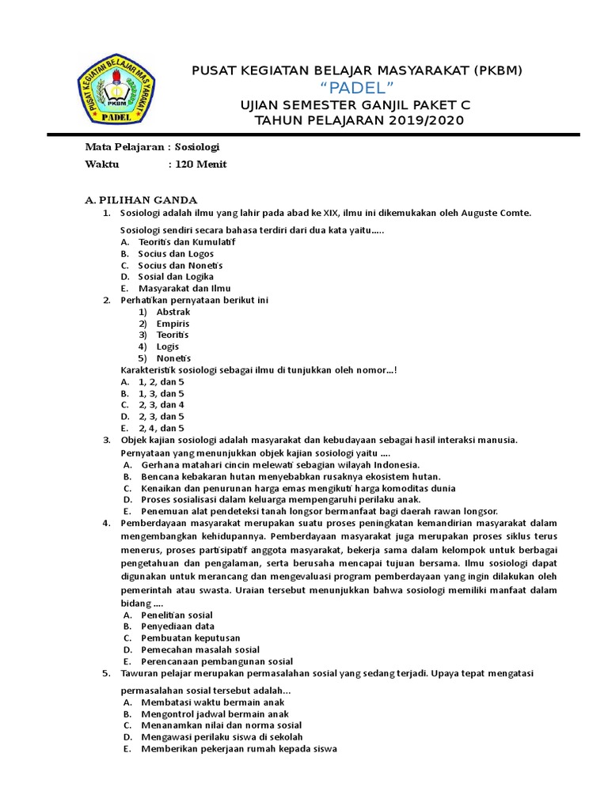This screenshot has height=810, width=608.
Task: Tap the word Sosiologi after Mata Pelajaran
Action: tap(197, 147)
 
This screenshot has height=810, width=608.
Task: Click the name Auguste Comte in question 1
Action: tap(498, 213)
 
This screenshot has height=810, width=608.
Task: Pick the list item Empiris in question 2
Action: tap(173, 324)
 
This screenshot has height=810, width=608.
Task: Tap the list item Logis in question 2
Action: tap(168, 346)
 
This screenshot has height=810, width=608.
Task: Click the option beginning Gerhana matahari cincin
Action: tap(279, 465)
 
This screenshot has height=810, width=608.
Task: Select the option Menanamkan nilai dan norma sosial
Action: tap(221, 725)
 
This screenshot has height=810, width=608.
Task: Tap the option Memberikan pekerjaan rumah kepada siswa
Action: tap(238, 748)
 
